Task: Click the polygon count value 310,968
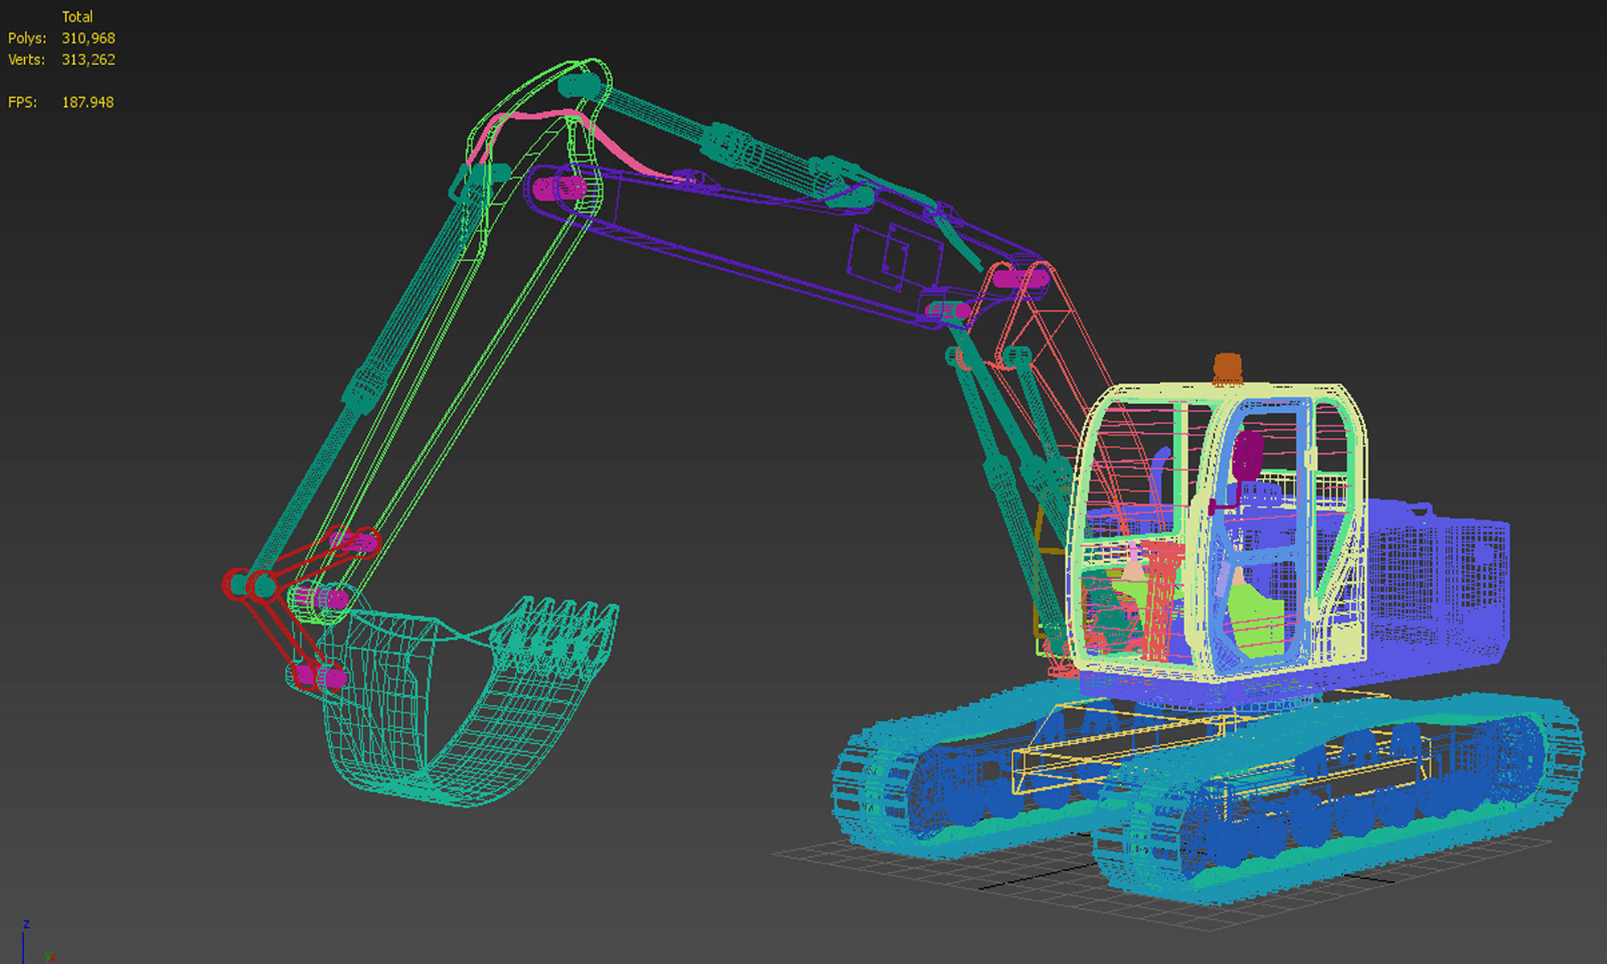(x=88, y=39)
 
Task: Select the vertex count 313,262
(x=88, y=60)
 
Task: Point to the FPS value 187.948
(x=88, y=103)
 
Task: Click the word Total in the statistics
(x=77, y=17)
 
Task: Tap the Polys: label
(x=27, y=39)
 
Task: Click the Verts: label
(x=27, y=60)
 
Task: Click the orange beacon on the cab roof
(x=1227, y=369)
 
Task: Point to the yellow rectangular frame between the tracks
(x=1125, y=747)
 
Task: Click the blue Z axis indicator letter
(x=27, y=925)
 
